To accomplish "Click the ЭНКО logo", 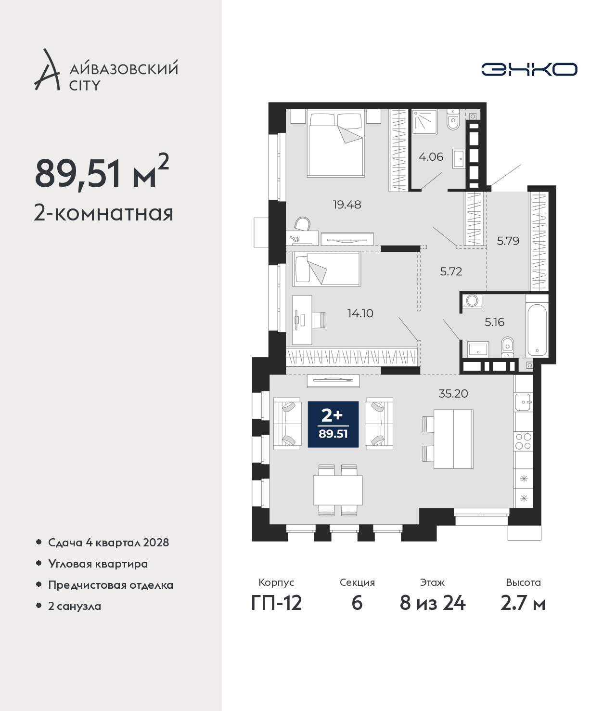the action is pyautogui.click(x=529, y=69).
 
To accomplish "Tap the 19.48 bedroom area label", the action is pyautogui.click(x=347, y=205).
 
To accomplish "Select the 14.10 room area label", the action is pyautogui.click(x=360, y=313).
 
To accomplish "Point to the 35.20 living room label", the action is pyautogui.click(x=453, y=393).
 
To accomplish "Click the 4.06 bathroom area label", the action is pyautogui.click(x=431, y=157).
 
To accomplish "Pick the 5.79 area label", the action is pyautogui.click(x=508, y=241).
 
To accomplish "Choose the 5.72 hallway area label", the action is pyautogui.click(x=451, y=271).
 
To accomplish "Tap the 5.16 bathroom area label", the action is pyautogui.click(x=494, y=322).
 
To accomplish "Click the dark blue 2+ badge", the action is pyautogui.click(x=333, y=424).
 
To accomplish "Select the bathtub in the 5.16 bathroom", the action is pyautogui.click(x=537, y=330).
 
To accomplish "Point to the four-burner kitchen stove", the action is pyautogui.click(x=523, y=441).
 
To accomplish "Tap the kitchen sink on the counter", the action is pyautogui.click(x=523, y=402).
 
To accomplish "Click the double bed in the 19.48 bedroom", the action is pyautogui.click(x=336, y=143).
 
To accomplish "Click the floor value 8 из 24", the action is pyautogui.click(x=432, y=603).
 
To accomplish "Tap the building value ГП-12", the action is pyautogui.click(x=277, y=603).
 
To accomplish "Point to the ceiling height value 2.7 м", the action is pyautogui.click(x=523, y=603).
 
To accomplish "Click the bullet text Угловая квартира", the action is pyautogui.click(x=98, y=564).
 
